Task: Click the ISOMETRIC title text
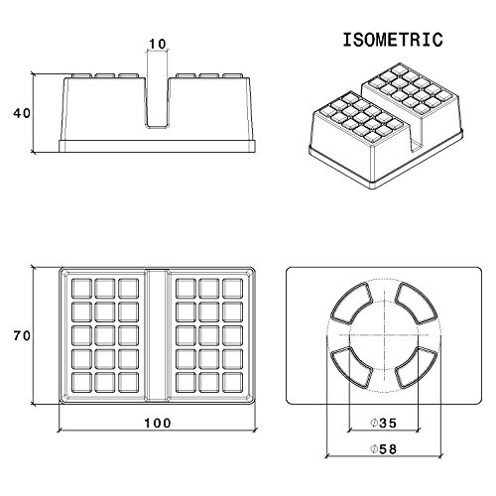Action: pos(393,40)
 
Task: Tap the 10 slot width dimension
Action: pos(158,44)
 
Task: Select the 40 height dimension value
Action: pos(22,113)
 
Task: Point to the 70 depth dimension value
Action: pos(22,336)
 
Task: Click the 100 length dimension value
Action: pos(158,423)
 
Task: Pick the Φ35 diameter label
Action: pos(383,423)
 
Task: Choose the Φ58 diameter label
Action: pos(383,449)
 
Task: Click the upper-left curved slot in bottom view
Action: pos(351,302)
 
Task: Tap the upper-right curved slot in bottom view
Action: pos(417,302)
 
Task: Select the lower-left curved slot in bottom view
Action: pos(351,368)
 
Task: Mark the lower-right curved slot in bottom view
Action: pos(417,368)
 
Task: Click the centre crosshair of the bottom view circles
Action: pos(384,335)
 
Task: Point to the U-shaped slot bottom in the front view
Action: pos(158,126)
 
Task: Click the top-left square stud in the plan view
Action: pos(81,289)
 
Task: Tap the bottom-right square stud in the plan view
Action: pos(232,382)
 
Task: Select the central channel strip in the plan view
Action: pos(158,335)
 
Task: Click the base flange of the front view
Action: pos(158,146)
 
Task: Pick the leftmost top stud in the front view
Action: pos(82,75)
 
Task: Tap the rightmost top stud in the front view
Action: pos(232,75)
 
